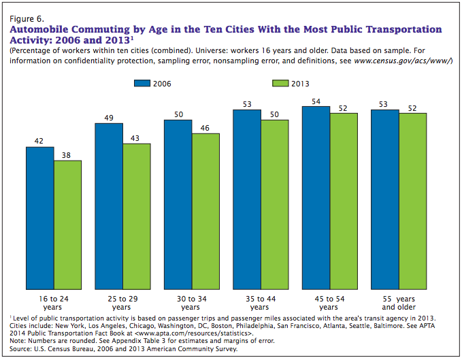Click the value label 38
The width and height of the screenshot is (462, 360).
coord(67,154)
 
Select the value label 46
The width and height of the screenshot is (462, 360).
coord(205,127)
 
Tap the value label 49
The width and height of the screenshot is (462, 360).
coord(109,117)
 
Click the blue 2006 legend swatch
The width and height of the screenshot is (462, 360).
coord(143,83)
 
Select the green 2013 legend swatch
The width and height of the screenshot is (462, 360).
coord(281,83)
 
